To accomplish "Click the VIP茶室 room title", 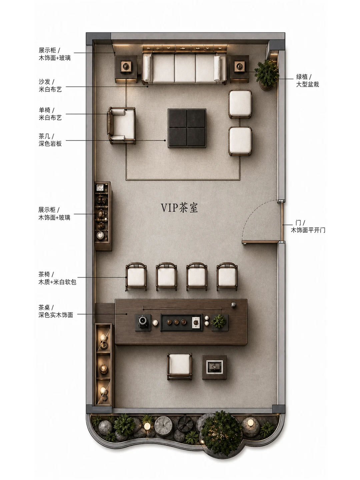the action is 179,208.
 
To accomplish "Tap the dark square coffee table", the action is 187,128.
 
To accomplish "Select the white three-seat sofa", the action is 184,68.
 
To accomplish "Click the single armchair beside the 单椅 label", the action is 121,126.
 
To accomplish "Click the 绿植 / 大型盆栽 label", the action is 307,80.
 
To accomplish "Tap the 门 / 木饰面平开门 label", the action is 308,226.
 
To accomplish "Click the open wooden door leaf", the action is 260,242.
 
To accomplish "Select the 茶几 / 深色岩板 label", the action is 50,140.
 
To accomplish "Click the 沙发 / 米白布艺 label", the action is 50,85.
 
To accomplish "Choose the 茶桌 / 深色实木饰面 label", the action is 56,311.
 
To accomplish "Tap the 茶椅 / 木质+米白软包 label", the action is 57,278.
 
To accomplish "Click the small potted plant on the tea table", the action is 219,321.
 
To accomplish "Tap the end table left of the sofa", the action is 126,69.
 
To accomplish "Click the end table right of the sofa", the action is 240,69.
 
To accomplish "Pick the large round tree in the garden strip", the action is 221,433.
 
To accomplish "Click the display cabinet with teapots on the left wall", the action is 103,216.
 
